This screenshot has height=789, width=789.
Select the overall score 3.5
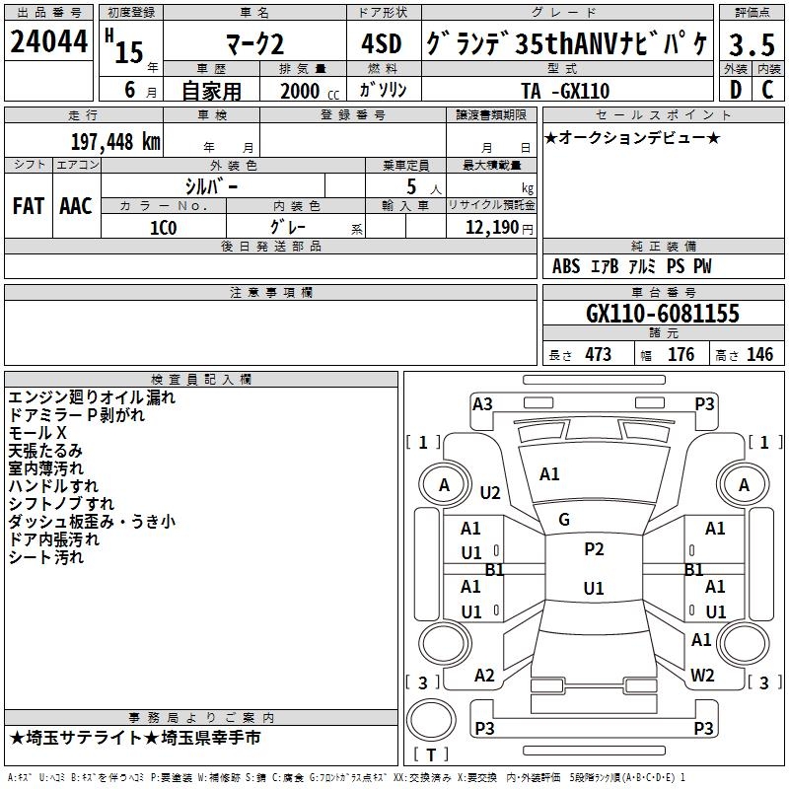pos(752,45)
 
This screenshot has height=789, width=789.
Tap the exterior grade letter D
pos(736,90)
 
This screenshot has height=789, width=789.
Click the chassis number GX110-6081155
pos(662,314)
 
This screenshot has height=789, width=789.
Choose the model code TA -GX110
pos(565,91)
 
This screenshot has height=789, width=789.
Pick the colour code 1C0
pos(163,226)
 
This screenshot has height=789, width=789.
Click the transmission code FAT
pos(28,205)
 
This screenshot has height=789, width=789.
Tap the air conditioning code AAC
pos(76,205)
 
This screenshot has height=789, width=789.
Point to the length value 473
pos(598,355)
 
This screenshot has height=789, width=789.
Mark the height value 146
pos(759,355)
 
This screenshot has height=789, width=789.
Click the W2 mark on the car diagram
pos(702,676)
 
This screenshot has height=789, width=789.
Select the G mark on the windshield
pos(564,519)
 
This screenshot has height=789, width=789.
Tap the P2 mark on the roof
pos(594,549)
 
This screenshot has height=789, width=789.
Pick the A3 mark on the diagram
pos(482,403)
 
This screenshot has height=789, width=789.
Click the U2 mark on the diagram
pos(490,492)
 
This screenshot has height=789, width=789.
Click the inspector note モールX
pos(37,433)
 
